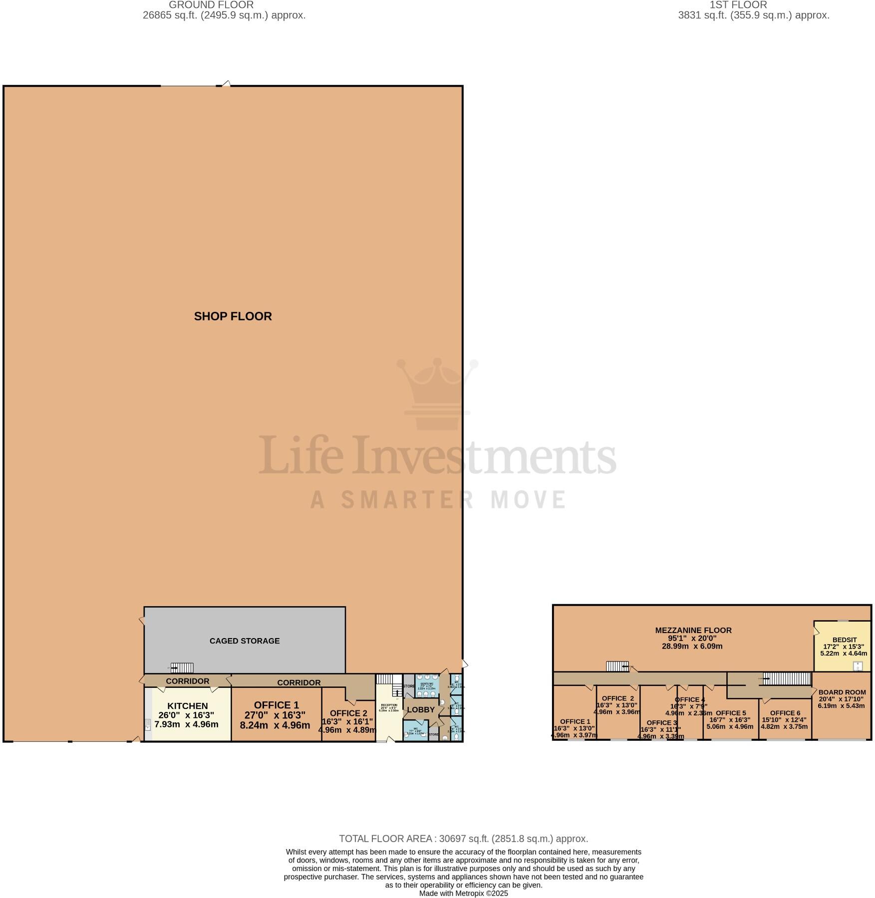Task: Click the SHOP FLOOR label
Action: (233, 316)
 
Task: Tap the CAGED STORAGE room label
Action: (244, 641)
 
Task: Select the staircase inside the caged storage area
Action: (182, 668)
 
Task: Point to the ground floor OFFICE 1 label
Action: (276, 705)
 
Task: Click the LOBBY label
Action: (420, 710)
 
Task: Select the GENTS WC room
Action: (427, 686)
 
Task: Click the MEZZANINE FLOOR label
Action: (693, 630)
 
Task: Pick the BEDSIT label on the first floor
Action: (844, 640)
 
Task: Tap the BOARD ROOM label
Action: (842, 692)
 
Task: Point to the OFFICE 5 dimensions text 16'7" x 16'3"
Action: (730, 720)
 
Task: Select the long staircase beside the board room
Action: (787, 678)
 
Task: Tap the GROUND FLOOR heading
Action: (211, 5)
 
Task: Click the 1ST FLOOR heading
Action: (738, 5)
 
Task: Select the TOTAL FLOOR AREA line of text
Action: (463, 839)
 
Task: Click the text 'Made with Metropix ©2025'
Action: (463, 893)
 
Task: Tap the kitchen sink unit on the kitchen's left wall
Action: (148, 725)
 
